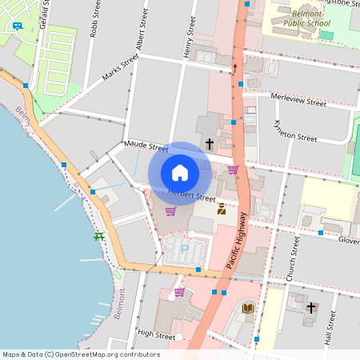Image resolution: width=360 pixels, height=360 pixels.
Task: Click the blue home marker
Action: click(x=180, y=173)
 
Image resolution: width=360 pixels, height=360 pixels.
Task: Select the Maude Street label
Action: click(x=146, y=147)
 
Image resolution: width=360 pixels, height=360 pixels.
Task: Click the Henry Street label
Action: click(x=190, y=37)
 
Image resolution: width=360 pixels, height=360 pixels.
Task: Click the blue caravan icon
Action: click(x=17, y=26)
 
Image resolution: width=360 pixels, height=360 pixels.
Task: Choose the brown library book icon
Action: click(x=248, y=307)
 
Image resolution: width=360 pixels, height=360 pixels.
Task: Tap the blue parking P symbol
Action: click(x=185, y=248)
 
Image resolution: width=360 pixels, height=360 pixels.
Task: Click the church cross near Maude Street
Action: click(x=210, y=144)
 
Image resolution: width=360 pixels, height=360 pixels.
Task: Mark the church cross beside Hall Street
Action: click(x=310, y=307)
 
